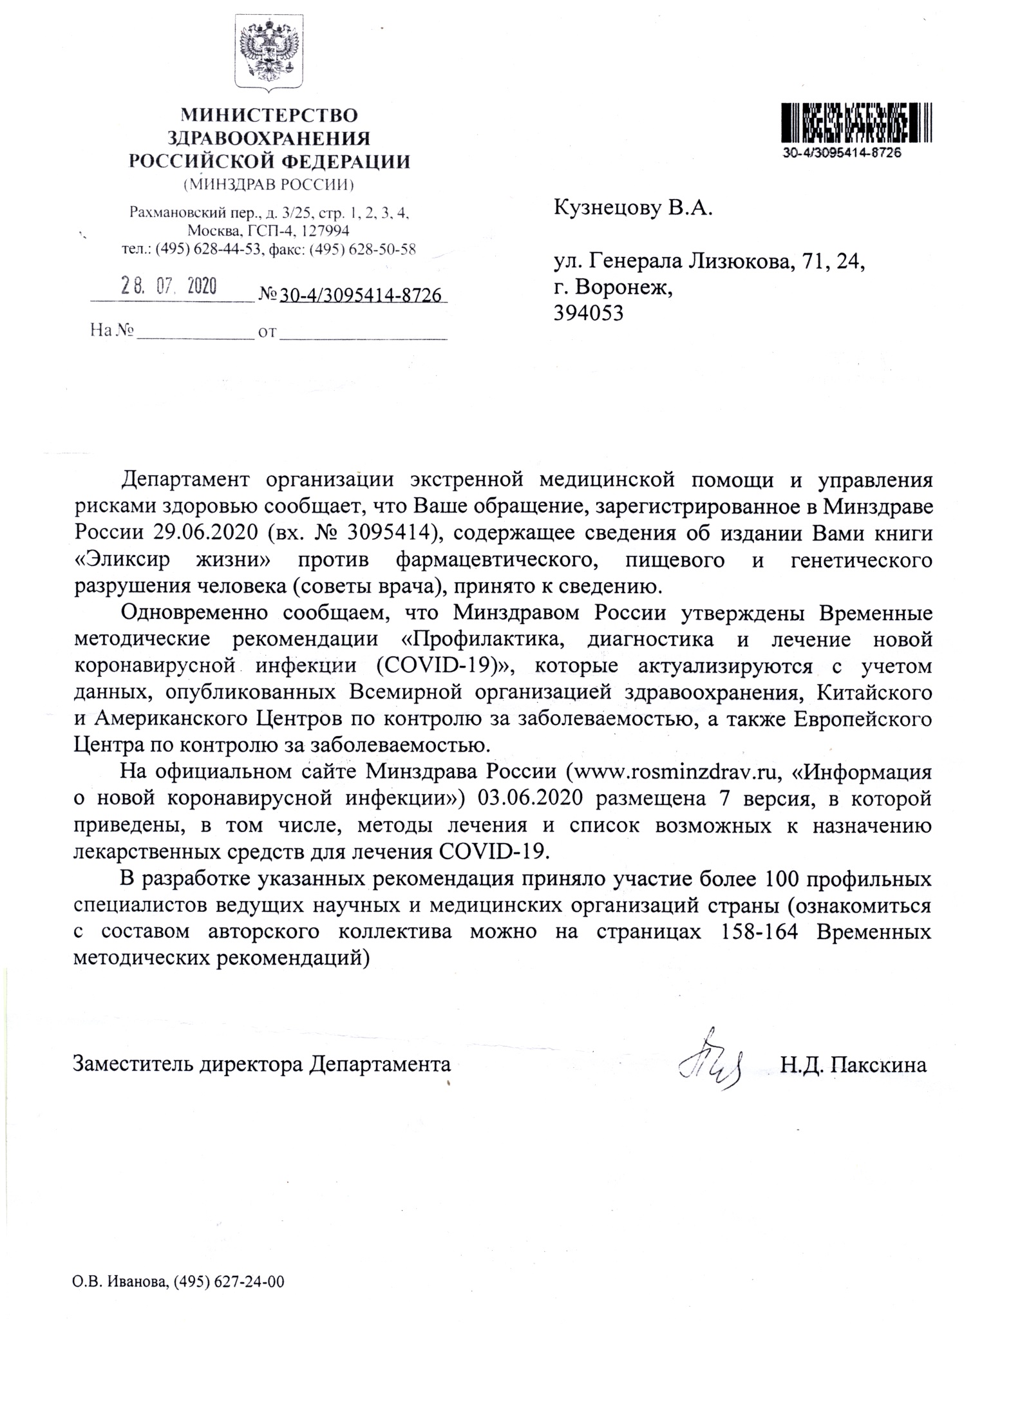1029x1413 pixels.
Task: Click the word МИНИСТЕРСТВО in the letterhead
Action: click(x=269, y=116)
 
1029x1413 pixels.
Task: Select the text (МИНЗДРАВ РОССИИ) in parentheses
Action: click(x=269, y=185)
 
